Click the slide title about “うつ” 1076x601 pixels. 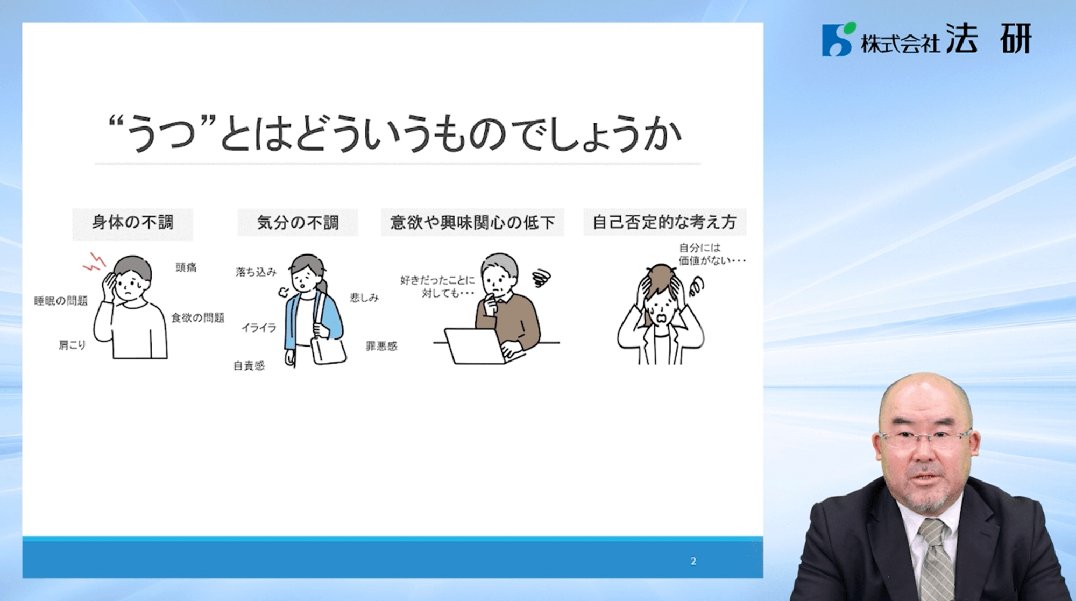coord(395,133)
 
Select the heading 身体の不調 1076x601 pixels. coord(132,222)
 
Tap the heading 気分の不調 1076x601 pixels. coord(298,222)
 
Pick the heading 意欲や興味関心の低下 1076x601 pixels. coord(472,222)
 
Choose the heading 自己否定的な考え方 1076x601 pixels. coord(664,222)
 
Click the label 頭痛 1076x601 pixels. coord(186,267)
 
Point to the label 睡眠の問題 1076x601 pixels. coord(61,300)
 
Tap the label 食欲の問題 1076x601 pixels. coord(197,317)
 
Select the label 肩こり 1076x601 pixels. coord(72,344)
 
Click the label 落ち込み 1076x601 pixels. coord(256,272)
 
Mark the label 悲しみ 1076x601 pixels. coord(364,297)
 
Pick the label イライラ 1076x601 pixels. coord(259,327)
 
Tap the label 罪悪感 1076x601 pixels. coord(381,345)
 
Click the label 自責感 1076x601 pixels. coord(249,365)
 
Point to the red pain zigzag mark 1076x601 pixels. coord(95,262)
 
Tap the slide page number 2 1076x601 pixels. coord(693,561)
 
